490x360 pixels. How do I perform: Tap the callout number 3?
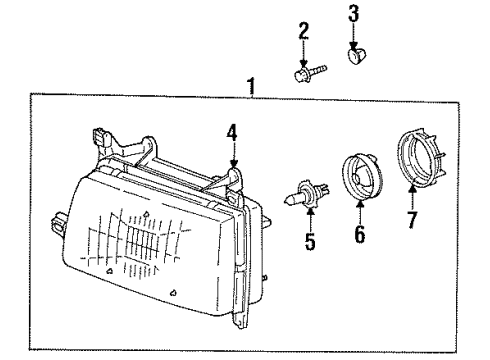click(x=353, y=14)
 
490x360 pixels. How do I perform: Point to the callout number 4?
click(x=232, y=130)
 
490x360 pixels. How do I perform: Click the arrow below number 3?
click(x=353, y=34)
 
